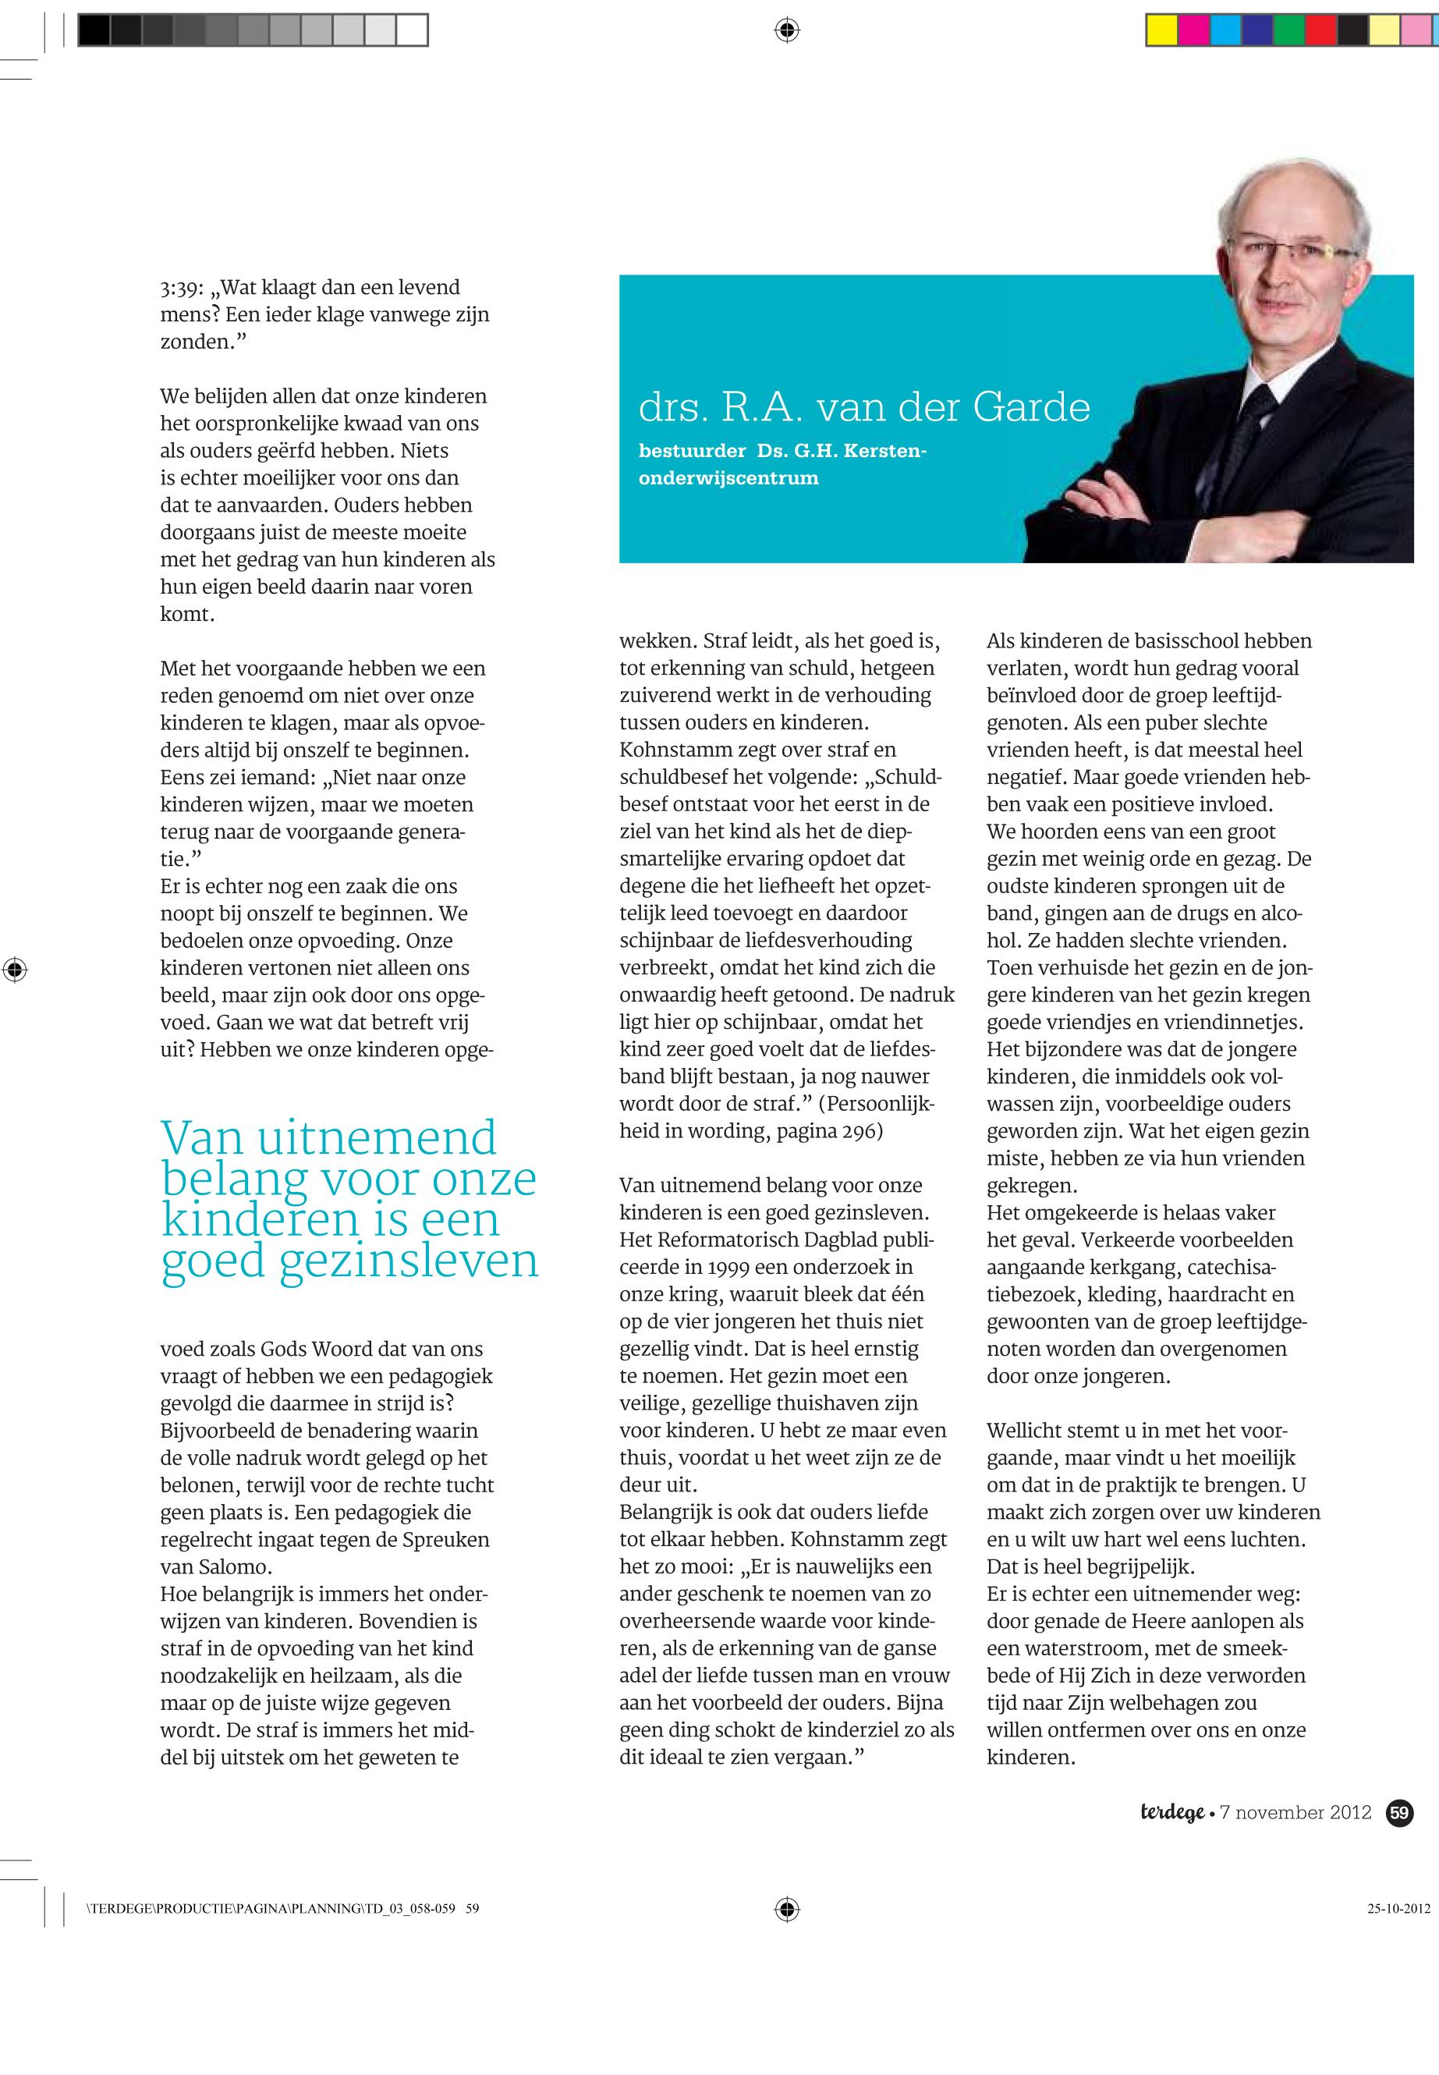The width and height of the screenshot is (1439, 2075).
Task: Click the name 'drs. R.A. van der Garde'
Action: pos(863,408)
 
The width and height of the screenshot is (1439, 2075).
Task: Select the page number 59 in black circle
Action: pos(1399,1813)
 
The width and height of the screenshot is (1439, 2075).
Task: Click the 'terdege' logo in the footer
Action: pos(1171,1813)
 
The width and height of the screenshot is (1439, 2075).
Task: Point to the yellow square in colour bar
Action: pos(1161,30)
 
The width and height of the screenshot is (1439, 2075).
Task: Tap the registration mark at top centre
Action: pos(787,30)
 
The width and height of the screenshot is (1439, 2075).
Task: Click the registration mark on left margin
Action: pos(14,970)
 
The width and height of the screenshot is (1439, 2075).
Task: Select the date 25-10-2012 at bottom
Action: pos(1398,1908)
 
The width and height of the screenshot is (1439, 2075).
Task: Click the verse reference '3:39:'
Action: pos(183,289)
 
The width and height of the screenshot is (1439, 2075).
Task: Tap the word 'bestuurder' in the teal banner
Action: pos(692,451)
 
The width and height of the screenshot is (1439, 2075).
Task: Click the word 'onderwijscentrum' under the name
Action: pos(728,478)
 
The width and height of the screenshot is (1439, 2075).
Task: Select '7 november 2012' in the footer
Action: pos(1295,1813)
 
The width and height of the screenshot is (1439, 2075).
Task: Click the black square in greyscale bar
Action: pos(94,30)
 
